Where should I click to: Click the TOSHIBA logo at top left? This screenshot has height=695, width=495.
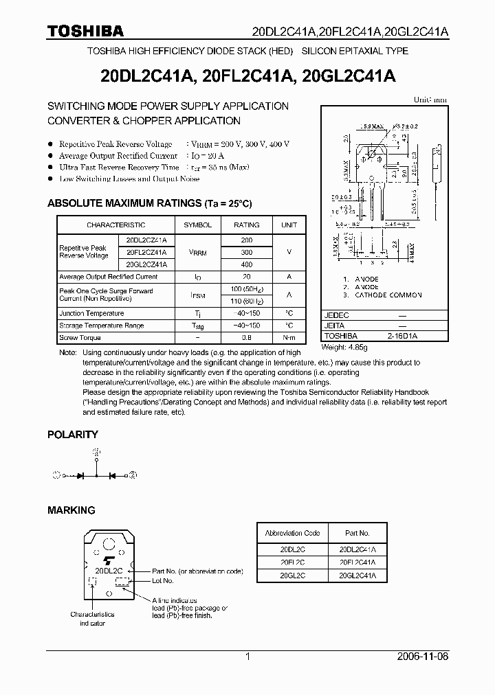click(x=85, y=30)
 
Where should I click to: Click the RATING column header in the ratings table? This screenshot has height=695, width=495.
click(x=247, y=225)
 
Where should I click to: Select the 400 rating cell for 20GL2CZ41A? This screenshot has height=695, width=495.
click(x=247, y=264)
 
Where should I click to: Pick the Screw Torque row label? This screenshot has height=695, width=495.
click(x=80, y=338)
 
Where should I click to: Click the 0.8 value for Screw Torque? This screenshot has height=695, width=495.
click(x=247, y=338)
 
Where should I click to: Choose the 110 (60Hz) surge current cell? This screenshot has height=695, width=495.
click(x=247, y=301)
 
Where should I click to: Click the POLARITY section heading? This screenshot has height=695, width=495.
click(x=72, y=435)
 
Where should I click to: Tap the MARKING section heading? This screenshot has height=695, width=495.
click(x=71, y=510)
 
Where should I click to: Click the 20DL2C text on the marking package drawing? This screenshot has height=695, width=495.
click(x=109, y=570)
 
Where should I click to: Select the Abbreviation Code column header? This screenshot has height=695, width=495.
click(x=293, y=533)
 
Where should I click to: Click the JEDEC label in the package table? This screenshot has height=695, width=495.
click(x=338, y=315)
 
